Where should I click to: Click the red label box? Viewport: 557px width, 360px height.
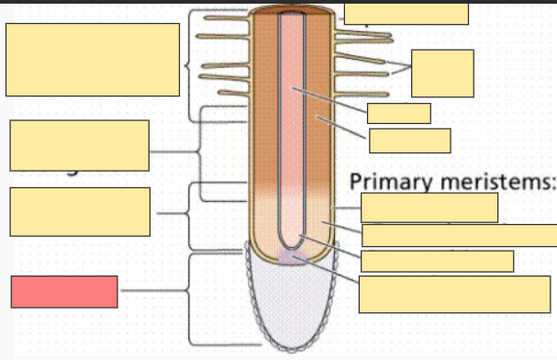coord(64,291)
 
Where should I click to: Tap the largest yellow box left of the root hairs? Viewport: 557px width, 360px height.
coord(92,60)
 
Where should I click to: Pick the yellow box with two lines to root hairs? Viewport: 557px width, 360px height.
coord(442,73)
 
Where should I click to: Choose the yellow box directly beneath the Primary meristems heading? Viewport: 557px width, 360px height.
coord(429,208)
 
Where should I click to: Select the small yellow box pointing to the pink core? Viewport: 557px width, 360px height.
coord(398,113)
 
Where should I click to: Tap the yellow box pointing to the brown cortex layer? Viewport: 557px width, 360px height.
coord(409,141)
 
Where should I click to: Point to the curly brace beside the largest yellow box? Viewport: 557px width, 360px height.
coord(189,65)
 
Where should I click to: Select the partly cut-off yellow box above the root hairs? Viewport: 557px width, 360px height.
coord(406,14)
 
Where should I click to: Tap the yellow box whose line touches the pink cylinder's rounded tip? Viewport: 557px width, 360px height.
coord(437,261)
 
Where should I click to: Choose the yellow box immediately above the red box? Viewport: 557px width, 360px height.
coord(80,211)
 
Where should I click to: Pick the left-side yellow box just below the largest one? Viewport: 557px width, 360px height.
coord(80,145)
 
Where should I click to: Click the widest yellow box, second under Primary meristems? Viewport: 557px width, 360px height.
coord(459,235)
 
